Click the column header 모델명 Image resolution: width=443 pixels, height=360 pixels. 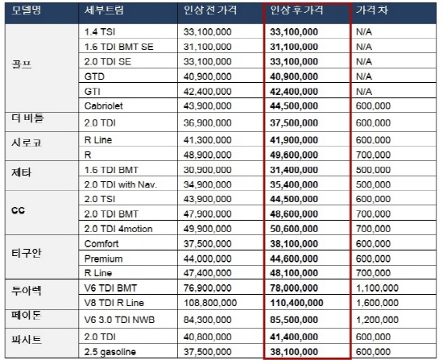coord(27,10)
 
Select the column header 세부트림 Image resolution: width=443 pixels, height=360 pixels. coord(104,10)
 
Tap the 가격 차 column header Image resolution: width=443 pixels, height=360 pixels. coord(372,10)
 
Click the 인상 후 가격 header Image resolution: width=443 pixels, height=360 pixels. coord(296,10)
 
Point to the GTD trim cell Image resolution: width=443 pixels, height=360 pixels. coord(94,77)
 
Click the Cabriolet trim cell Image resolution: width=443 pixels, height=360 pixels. coord(103,106)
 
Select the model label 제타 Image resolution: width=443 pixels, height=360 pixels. coord(21,172)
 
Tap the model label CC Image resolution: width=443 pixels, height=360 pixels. coord(18,210)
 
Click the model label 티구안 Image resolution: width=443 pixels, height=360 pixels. coord(27,253)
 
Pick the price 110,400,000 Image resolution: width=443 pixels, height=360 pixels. coord(296,303)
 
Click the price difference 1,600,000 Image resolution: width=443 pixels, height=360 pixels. coord(377,303)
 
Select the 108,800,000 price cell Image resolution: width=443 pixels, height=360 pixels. coord(210,303)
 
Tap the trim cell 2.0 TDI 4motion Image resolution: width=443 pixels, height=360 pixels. coord(118,229)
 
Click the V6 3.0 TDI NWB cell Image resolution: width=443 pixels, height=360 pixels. coord(119,320)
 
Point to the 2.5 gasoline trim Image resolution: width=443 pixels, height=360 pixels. coord(110,352)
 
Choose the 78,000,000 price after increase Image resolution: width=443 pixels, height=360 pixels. coord(294,288)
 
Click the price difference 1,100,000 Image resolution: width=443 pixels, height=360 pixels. coord(377,288)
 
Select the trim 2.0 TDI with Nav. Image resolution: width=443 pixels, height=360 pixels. coord(121,184)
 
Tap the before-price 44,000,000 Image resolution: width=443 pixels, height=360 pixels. coord(208,259)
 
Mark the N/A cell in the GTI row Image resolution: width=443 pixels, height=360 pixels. coord(364,92)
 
